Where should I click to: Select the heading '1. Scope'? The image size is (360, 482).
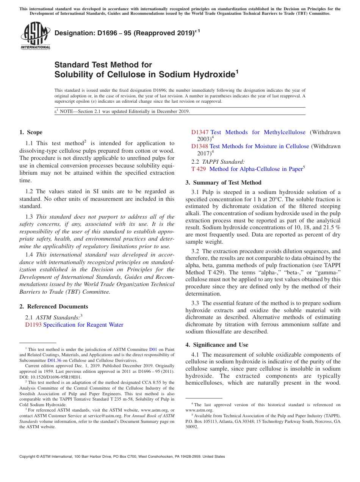click(x=31, y=132)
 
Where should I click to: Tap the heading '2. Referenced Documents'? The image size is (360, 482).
click(x=54, y=307)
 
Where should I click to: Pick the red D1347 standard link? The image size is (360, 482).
click(x=200, y=132)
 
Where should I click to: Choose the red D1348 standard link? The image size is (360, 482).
click(x=199, y=146)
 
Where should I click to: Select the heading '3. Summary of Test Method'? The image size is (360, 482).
click(x=223, y=183)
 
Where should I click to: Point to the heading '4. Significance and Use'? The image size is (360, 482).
click(x=217, y=345)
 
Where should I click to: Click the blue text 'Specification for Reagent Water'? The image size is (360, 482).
click(x=83, y=325)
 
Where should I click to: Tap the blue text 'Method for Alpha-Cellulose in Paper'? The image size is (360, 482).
click(x=256, y=169)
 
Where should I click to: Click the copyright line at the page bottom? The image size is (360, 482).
click(x=122, y=457)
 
